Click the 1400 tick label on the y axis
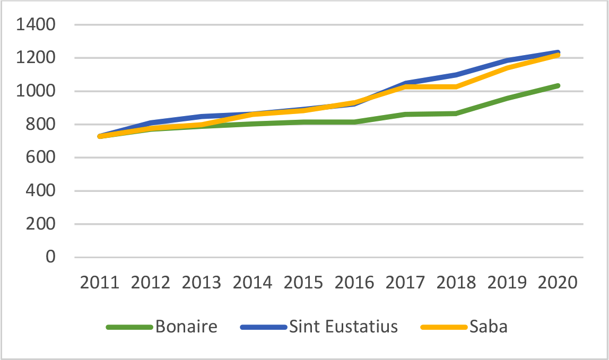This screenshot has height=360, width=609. click(x=37, y=25)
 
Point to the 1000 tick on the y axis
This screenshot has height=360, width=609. click(x=37, y=91)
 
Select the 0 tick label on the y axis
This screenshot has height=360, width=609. click(x=51, y=257)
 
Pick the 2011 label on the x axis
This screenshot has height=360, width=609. click(x=100, y=282)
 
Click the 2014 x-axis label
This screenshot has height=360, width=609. click(x=253, y=282)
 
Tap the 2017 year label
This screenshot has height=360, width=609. click(x=405, y=282)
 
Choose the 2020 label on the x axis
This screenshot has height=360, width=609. click(x=558, y=282)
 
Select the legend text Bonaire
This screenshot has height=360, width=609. click(x=186, y=327)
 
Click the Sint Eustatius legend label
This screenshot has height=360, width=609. click(x=343, y=327)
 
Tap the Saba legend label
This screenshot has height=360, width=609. click(x=488, y=327)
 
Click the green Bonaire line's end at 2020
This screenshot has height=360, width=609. click(x=558, y=85)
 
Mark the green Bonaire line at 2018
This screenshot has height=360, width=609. click(x=456, y=113)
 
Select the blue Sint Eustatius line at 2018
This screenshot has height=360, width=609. click(x=456, y=74)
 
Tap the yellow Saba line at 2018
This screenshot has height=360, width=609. click(x=456, y=86)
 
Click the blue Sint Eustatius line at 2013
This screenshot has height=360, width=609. click(x=202, y=116)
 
